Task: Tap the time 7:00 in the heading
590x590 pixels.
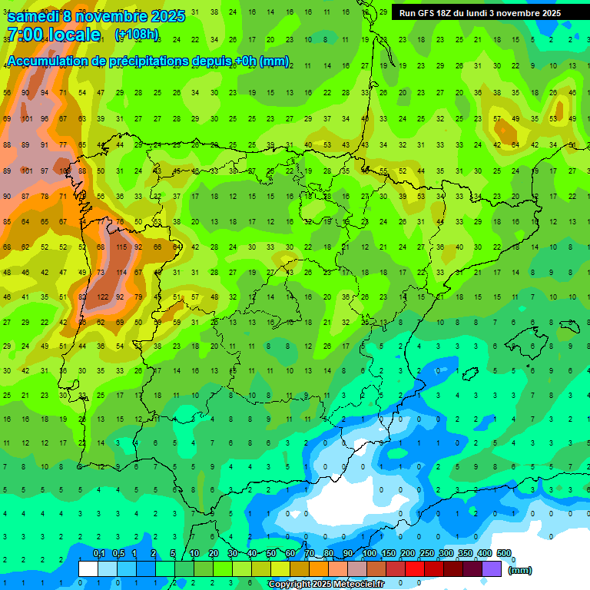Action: tap(25, 35)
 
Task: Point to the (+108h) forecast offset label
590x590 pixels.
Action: tap(137, 35)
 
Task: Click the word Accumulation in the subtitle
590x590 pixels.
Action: tap(48, 61)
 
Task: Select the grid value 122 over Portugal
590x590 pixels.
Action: tap(102, 297)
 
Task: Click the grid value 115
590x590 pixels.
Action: tap(121, 247)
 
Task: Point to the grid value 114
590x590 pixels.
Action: tap(121, 272)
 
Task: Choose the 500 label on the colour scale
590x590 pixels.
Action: tap(504, 554)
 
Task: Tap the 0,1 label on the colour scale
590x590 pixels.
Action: tap(99, 554)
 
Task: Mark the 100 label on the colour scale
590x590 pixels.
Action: tap(370, 554)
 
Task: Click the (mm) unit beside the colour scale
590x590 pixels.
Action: tap(521, 570)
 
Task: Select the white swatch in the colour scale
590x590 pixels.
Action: tap(88, 568)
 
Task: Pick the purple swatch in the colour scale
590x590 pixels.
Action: tap(492, 568)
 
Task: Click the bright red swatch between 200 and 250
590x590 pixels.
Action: tap(415, 568)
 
